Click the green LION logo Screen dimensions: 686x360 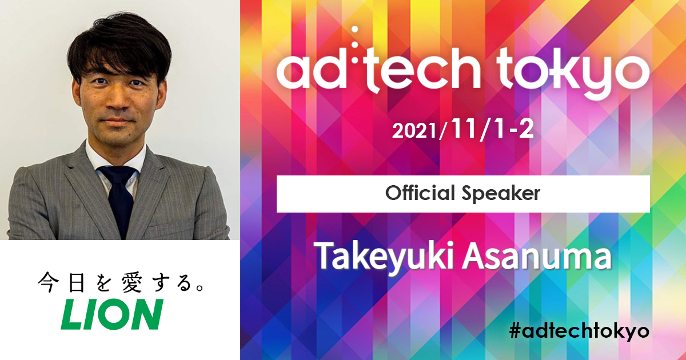[112, 314]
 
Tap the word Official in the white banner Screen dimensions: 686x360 [420, 194]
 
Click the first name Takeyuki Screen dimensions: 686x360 [384, 257]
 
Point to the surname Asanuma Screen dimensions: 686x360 [537, 257]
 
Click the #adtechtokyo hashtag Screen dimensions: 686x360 [579, 331]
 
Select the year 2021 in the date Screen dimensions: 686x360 [414, 131]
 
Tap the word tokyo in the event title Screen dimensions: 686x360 [573, 74]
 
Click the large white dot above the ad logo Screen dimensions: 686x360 [355, 30]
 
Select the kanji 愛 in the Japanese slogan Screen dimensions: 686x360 [131, 282]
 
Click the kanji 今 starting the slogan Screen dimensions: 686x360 [49, 282]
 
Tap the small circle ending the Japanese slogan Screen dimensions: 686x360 [200, 288]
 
